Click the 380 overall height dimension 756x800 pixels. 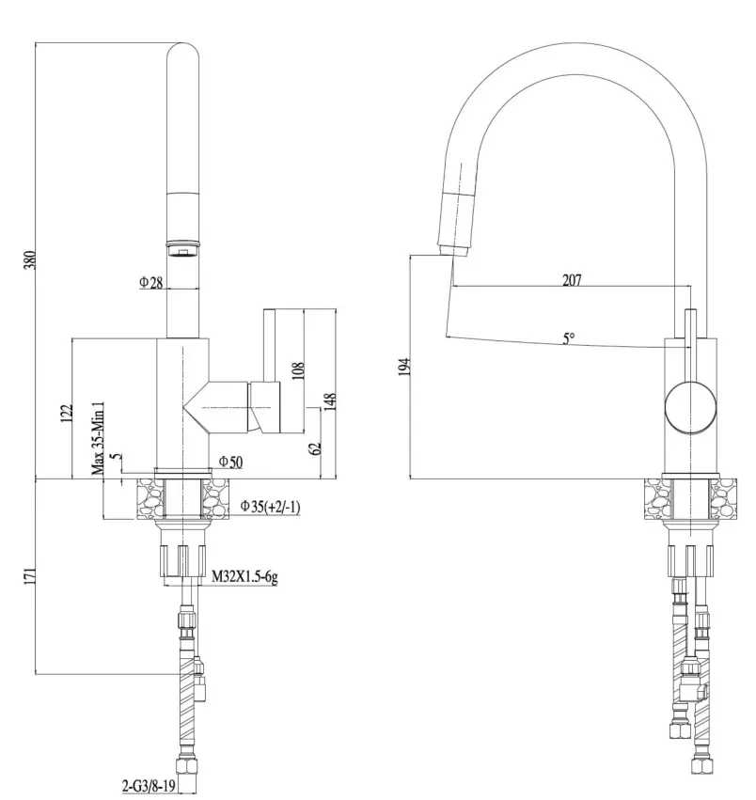coord(29,261)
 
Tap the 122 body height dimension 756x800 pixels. coord(67,415)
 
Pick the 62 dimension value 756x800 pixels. coord(316,448)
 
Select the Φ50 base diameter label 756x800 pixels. coord(230,461)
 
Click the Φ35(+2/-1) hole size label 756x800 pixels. coord(269,507)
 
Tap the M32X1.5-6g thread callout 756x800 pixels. coord(243,577)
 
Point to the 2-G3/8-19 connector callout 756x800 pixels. coord(152,783)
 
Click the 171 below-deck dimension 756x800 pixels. coord(29,574)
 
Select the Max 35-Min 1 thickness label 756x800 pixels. coord(97,438)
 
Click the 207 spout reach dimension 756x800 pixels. coord(572,279)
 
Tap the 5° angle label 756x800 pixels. coord(568,338)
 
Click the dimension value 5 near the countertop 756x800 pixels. coord(114,459)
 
